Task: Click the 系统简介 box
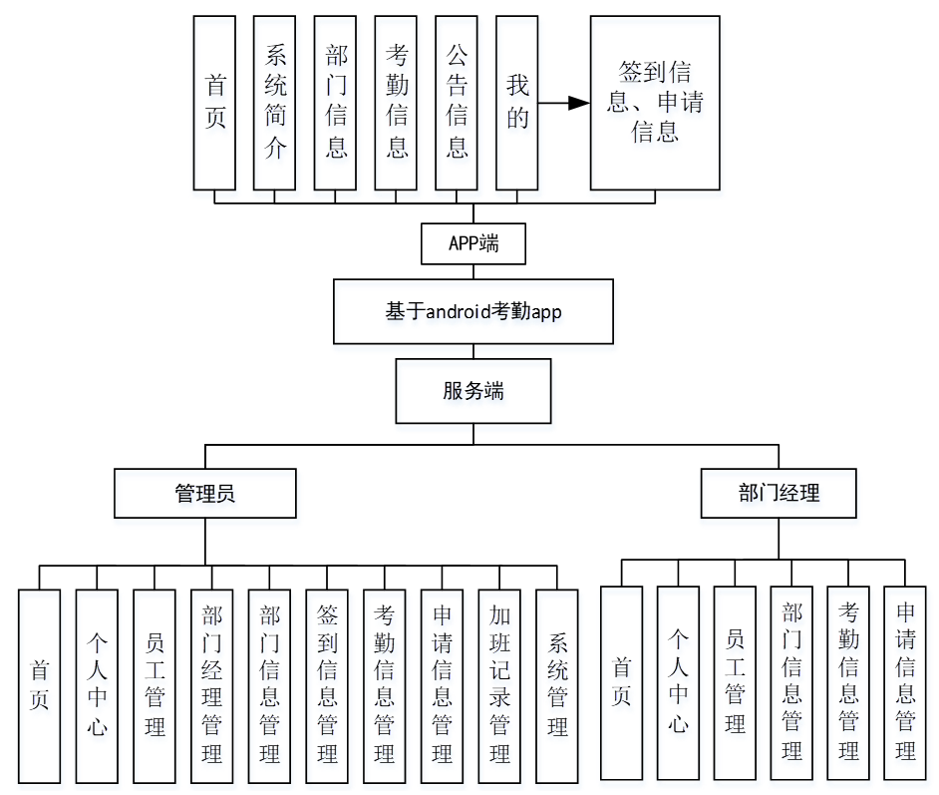click(274, 102)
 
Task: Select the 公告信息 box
click(457, 102)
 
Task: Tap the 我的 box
click(516, 102)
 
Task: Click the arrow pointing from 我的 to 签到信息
click(563, 102)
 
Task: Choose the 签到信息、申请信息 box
click(654, 102)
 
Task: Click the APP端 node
click(473, 243)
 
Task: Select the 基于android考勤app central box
click(473, 312)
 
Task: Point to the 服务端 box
click(473, 391)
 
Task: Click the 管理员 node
click(204, 494)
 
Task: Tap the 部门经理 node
click(779, 494)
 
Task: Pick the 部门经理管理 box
click(211, 685)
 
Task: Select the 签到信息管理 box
click(327, 685)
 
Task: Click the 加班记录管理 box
click(499, 685)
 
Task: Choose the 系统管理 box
click(557, 685)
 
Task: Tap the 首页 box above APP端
click(214, 102)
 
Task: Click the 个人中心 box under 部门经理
click(678, 682)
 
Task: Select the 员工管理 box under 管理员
click(155, 685)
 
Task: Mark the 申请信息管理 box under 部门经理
click(905, 682)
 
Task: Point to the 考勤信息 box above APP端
click(396, 102)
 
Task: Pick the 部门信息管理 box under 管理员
click(269, 685)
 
